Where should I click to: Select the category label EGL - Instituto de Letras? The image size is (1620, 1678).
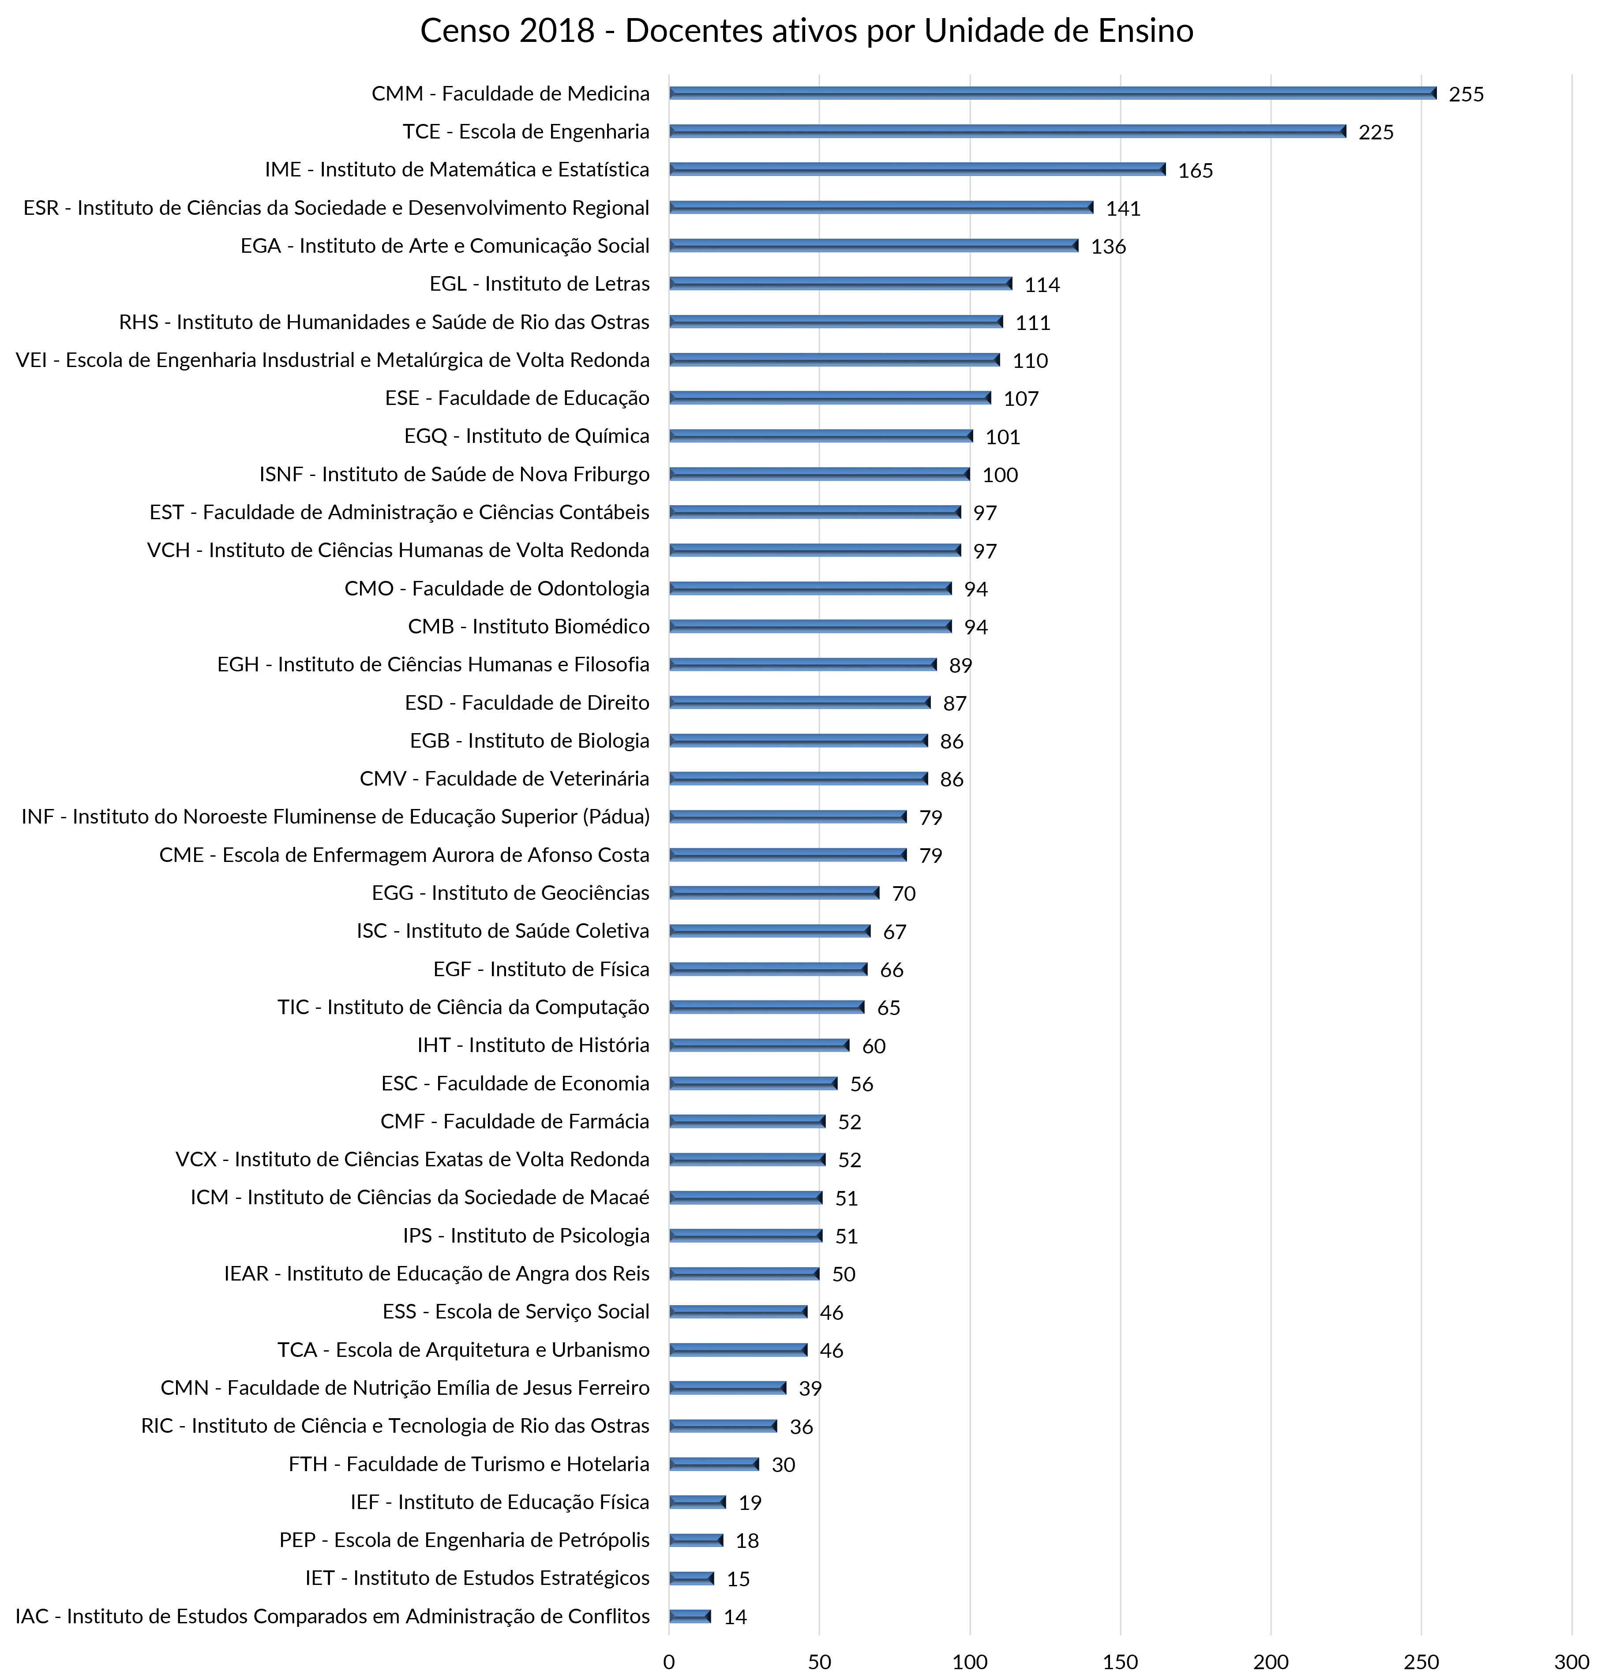click(x=540, y=284)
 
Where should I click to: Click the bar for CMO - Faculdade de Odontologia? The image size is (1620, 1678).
click(x=810, y=588)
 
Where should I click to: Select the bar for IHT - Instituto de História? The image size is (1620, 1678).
click(x=759, y=1045)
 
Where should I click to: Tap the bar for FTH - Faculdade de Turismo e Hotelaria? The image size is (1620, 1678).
click(x=714, y=1464)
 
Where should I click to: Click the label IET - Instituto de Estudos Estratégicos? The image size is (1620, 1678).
click(x=477, y=1578)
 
